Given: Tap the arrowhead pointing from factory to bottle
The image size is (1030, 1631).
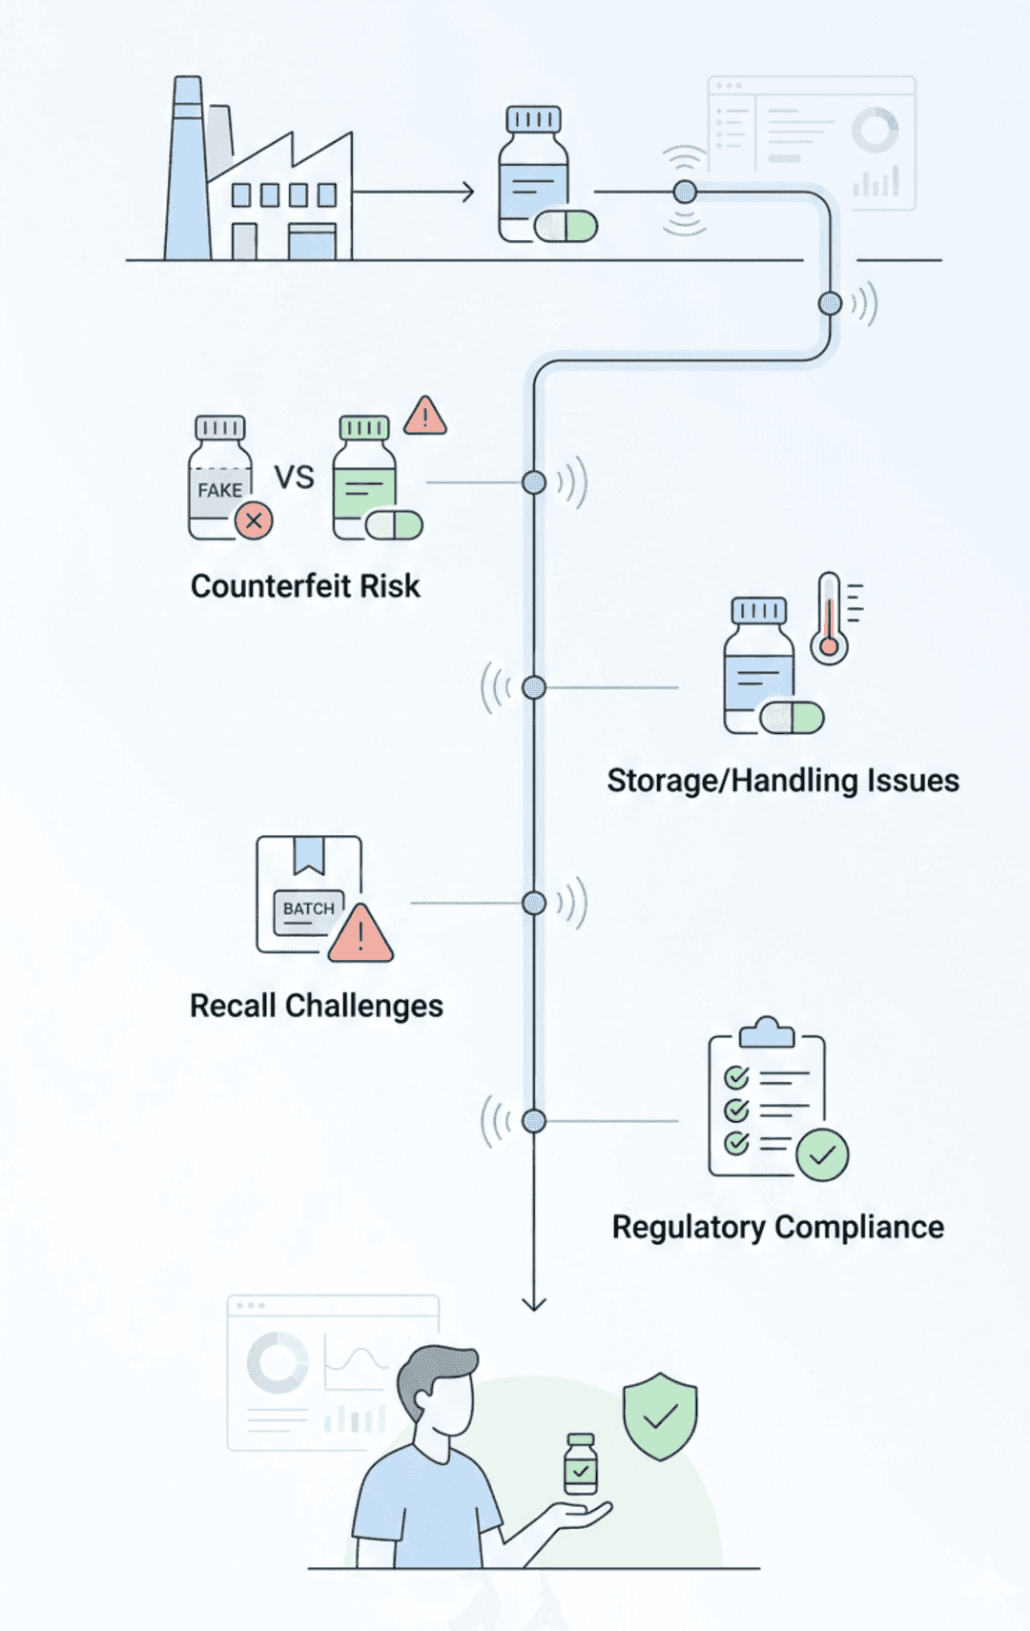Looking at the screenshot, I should point(466,193).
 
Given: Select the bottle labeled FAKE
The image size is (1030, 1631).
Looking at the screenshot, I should point(220,481).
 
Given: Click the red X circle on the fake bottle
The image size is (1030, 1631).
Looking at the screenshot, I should point(254,520).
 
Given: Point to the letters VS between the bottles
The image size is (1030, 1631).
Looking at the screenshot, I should point(294,477).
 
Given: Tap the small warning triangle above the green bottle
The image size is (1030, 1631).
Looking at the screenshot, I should point(425,417).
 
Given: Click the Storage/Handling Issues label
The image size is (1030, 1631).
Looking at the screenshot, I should point(783,781).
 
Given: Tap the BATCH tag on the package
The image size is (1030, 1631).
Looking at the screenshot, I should point(308,908).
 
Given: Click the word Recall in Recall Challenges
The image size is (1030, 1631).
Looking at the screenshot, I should point(233,1006).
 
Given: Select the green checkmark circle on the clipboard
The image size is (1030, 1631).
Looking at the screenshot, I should point(822,1154).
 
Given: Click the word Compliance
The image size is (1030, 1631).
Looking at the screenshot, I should point(859,1227).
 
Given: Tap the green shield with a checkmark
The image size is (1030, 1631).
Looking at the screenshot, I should point(660,1417).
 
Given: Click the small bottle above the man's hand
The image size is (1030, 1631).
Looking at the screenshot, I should point(581,1464).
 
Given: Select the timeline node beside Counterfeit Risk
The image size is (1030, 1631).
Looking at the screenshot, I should point(534,482).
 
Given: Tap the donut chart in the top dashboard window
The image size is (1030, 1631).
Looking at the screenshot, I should point(875,130).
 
